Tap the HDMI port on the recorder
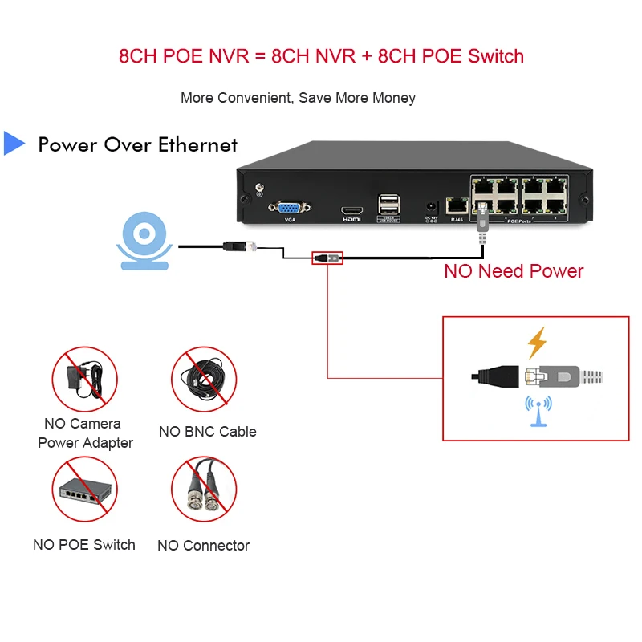coord(351,207)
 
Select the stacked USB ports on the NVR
coord(388,204)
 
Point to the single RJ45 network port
coord(457,205)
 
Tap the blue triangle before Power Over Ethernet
coord(14,143)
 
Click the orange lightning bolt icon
coord(536,343)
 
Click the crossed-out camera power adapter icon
coord(85,378)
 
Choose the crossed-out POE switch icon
coord(85,490)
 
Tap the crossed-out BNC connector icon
coord(204,490)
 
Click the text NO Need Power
coord(514,271)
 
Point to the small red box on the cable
coord(327,258)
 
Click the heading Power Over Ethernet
coord(138,145)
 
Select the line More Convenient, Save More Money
coord(298,98)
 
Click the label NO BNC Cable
coord(208,432)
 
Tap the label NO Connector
coord(204,546)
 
